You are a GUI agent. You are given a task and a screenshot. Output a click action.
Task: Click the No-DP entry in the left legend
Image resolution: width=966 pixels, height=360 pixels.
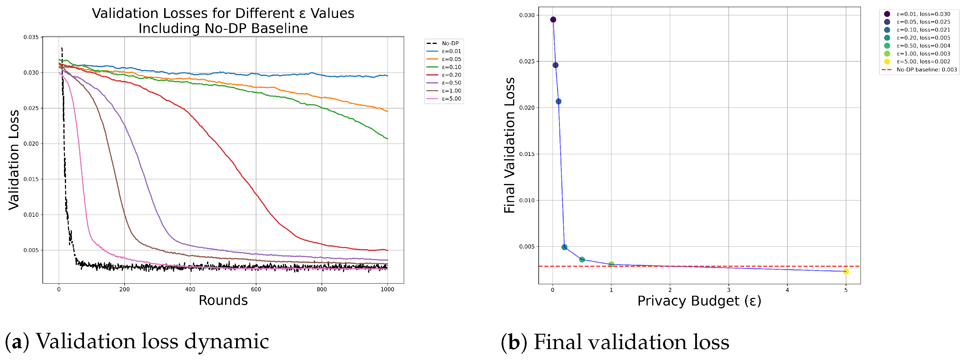tap(443, 44)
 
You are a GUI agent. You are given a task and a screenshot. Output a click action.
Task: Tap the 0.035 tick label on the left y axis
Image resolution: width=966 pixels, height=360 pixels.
tap(31, 37)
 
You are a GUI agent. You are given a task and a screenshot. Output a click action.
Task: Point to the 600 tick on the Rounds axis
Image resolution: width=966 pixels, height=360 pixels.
tap(256, 289)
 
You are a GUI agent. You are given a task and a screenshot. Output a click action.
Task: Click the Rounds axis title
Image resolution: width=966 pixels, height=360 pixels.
tap(223, 300)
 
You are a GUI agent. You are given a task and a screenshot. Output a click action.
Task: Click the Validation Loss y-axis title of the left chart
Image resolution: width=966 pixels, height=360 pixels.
tap(14, 160)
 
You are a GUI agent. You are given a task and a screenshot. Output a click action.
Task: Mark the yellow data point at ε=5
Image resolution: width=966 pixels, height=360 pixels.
tap(846, 272)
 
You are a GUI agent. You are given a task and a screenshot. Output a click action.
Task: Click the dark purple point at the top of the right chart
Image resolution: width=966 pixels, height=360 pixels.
tap(553, 19)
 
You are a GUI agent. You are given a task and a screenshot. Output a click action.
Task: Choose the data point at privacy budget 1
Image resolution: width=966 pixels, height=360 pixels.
tap(611, 264)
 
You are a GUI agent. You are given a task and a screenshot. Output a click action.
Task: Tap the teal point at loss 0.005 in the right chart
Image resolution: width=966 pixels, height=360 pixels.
tap(564, 247)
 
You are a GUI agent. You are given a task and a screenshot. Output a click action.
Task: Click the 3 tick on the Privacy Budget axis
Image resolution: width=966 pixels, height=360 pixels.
tap(728, 290)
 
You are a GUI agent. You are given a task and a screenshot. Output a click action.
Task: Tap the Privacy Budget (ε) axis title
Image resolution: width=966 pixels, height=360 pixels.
tap(699, 301)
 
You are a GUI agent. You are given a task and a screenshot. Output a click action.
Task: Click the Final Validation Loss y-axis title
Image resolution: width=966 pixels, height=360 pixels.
tap(509, 145)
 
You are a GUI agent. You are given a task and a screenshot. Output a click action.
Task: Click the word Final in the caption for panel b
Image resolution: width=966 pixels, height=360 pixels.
tap(557, 342)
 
